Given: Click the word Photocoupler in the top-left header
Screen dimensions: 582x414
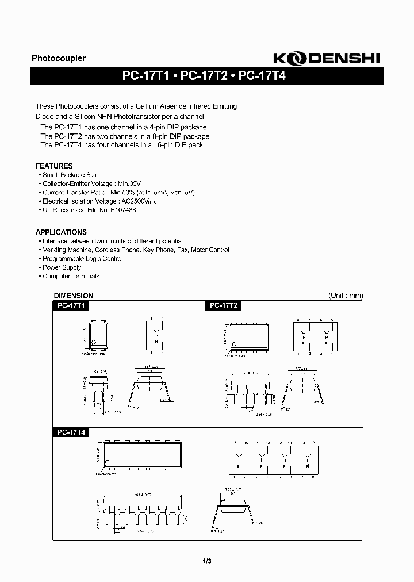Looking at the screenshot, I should point(58,58).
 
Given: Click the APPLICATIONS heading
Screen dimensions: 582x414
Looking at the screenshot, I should point(61,232).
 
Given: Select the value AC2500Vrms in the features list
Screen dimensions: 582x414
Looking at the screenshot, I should point(139,201).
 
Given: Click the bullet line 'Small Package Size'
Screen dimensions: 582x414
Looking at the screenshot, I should point(70,175).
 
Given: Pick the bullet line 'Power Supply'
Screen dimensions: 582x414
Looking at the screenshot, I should point(62,267).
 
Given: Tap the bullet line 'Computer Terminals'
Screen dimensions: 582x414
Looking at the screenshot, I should point(71,276).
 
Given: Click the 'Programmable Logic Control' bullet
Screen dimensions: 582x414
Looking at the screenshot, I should point(83,259).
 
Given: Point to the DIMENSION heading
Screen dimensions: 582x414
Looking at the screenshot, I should point(74,296).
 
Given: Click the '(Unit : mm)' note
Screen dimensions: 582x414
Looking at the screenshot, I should point(346,296).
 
